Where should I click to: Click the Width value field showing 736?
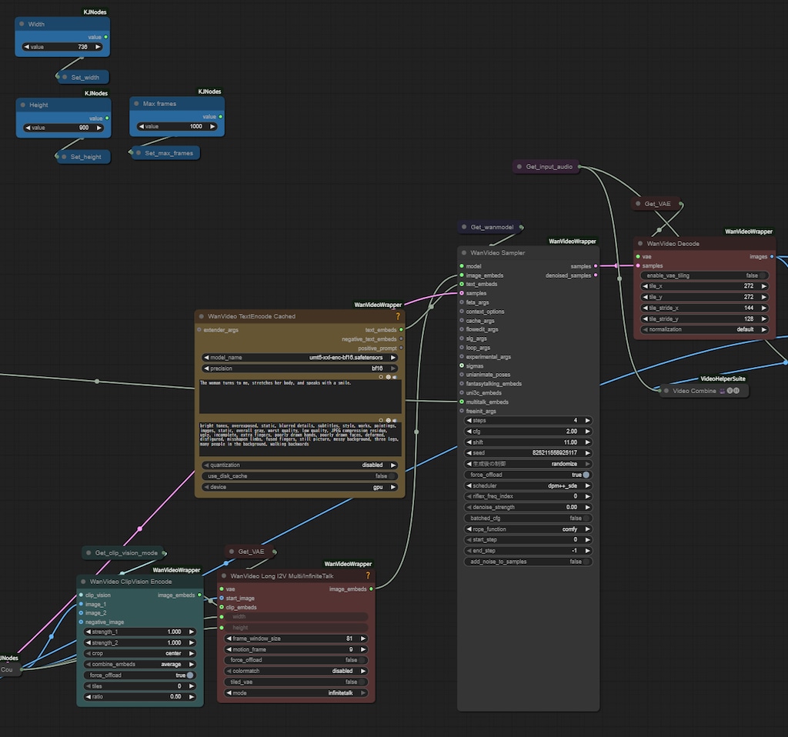click(62, 47)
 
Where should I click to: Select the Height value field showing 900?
click(63, 128)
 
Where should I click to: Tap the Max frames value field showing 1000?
click(177, 126)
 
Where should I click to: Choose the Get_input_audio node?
click(548, 166)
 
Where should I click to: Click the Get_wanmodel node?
click(491, 227)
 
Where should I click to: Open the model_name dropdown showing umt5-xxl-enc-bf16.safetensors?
click(300, 357)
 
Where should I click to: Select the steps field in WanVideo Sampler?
click(528, 421)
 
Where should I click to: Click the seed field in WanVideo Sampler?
click(528, 453)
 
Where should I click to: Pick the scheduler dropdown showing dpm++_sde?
click(528, 485)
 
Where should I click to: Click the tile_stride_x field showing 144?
click(705, 308)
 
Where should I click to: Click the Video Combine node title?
click(694, 391)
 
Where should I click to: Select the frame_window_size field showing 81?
click(296, 639)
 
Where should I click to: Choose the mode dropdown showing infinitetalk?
click(296, 692)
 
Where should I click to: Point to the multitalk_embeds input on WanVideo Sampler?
click(462, 402)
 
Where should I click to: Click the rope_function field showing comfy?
click(528, 529)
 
